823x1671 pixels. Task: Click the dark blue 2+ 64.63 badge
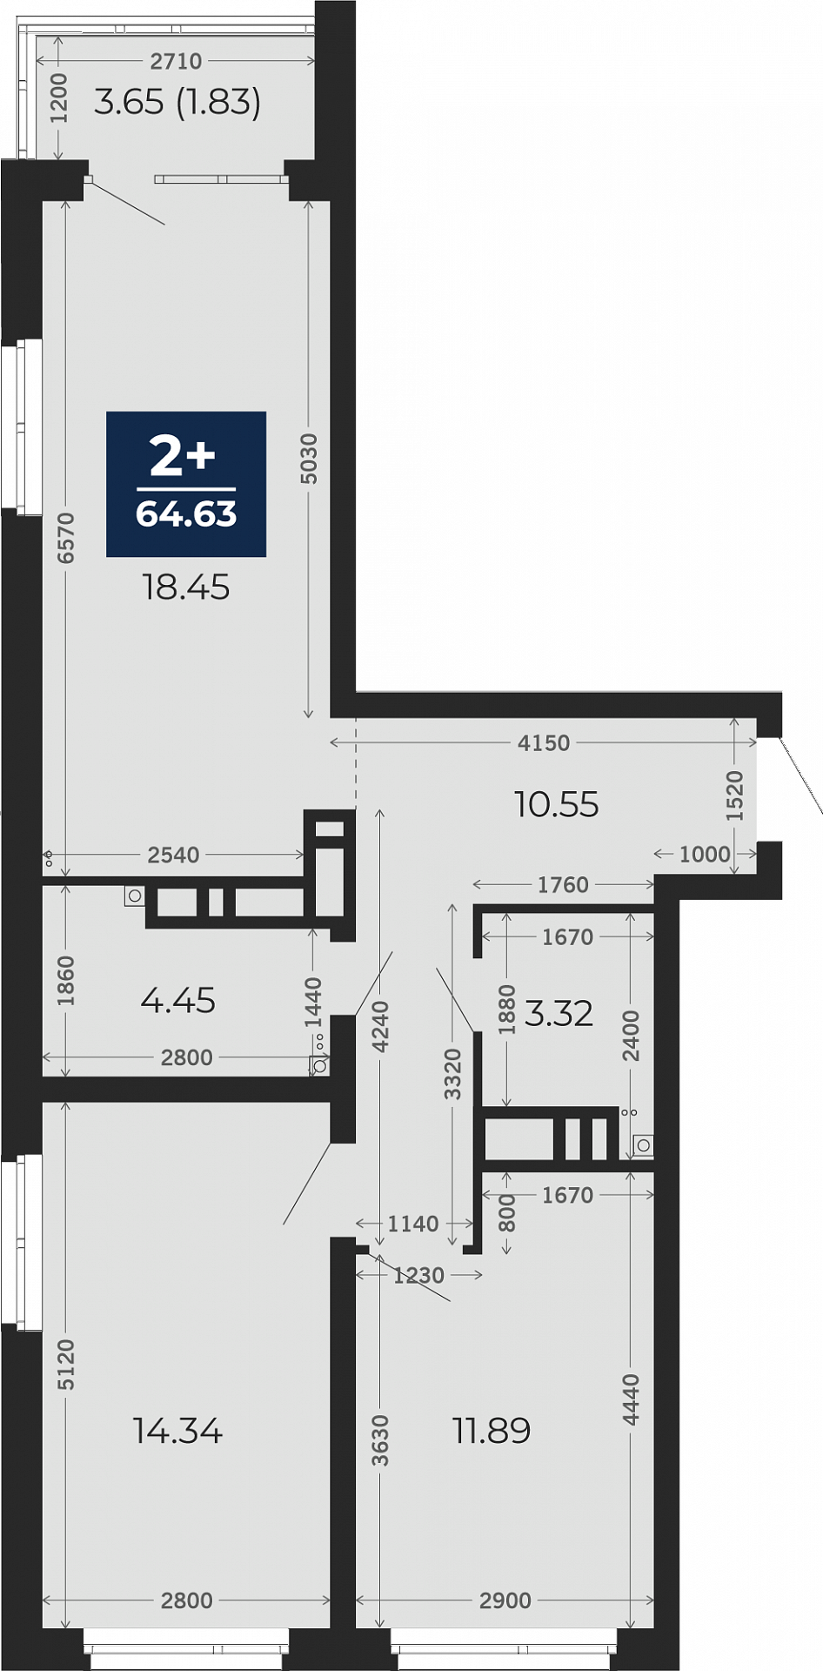click(x=186, y=484)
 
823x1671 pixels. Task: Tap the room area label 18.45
click(x=186, y=587)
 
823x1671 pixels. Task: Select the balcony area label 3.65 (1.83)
click(x=177, y=103)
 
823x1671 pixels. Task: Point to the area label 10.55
click(x=557, y=805)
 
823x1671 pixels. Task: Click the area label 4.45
click(x=178, y=1001)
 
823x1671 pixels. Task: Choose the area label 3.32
click(x=559, y=1014)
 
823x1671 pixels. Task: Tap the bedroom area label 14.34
click(x=178, y=1431)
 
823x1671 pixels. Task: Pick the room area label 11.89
click(x=492, y=1431)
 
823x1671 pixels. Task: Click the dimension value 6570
click(x=66, y=538)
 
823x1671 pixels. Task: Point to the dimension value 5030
click(x=309, y=459)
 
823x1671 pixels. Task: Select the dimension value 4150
click(x=544, y=743)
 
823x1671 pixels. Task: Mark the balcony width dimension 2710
click(x=177, y=62)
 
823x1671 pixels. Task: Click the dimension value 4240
click(x=380, y=1027)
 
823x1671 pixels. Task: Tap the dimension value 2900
click(x=505, y=1601)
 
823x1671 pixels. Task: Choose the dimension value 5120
click(x=66, y=1365)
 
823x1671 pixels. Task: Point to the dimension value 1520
click(x=735, y=795)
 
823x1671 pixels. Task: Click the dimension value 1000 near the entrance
click(x=705, y=854)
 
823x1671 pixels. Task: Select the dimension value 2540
click(x=174, y=856)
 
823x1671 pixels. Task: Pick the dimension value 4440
click(x=632, y=1399)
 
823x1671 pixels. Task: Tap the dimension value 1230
click(x=418, y=1276)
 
